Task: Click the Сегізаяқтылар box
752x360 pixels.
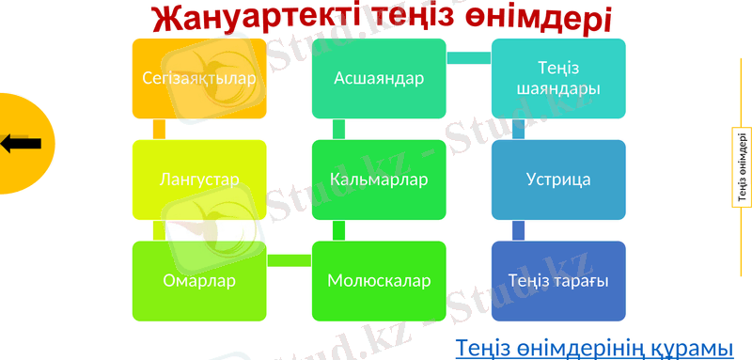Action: [199, 78]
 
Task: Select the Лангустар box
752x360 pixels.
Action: [199, 179]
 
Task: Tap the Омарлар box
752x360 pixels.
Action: [199, 280]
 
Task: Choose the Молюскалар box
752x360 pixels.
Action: [379, 280]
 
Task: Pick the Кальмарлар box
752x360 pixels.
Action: [379, 179]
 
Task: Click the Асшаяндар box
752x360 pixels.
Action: [379, 78]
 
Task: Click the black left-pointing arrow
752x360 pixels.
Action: [21, 144]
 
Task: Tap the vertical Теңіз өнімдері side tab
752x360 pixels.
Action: [743, 167]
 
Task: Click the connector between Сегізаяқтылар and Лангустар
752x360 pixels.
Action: [159, 129]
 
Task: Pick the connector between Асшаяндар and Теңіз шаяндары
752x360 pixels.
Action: [468, 58]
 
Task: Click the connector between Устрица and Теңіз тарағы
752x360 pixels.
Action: [518, 230]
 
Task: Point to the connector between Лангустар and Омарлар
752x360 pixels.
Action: [159, 230]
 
